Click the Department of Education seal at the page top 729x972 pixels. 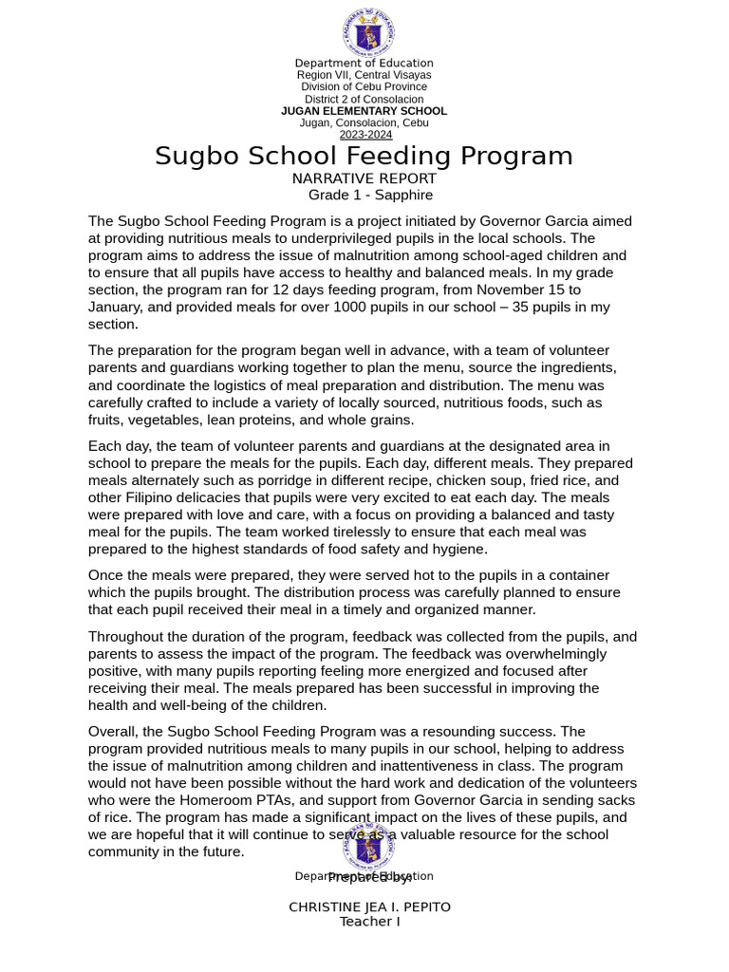click(368, 32)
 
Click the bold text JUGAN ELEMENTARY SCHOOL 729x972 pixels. click(364, 111)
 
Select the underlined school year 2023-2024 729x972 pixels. click(365, 135)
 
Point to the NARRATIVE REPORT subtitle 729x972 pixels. click(364, 178)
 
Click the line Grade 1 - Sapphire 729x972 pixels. click(370, 196)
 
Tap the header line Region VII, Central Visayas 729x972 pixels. click(364, 75)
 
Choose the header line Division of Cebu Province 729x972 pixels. click(364, 87)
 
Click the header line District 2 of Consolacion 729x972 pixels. click(364, 100)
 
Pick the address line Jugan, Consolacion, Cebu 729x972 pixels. click(364, 123)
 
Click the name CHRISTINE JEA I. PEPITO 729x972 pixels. click(369, 907)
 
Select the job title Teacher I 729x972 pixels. click(369, 922)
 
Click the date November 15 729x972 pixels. click(528, 290)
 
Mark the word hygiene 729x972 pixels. click(458, 549)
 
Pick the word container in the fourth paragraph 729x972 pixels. click(570, 575)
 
